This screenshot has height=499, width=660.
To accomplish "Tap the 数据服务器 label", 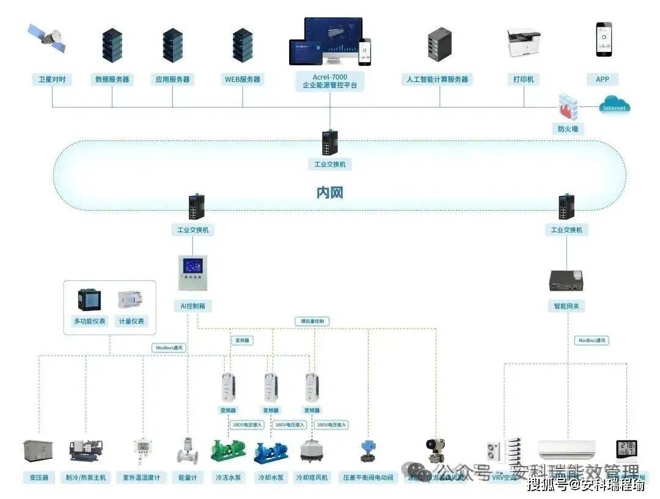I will [112, 79].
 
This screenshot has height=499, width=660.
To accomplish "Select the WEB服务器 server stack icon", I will [243, 45].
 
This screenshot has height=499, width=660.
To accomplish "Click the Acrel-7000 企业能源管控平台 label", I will [329, 81].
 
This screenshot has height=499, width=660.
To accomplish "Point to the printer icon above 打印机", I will [524, 42].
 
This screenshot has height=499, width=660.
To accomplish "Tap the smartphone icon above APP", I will [604, 40].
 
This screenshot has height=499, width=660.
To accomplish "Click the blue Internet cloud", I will [614, 106].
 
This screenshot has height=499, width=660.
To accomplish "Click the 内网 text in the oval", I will [329, 193].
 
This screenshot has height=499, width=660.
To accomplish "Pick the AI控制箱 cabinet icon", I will [193, 272].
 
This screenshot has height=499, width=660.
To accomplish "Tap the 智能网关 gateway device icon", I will [566, 280].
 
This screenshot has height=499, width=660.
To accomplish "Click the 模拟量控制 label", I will [312, 321].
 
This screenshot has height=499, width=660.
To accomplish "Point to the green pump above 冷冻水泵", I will [228, 451].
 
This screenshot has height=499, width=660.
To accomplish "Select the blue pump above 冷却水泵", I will [270, 452].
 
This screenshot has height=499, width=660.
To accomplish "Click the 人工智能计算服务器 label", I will [437, 79].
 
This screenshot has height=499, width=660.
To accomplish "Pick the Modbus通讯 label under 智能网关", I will [592, 340].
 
